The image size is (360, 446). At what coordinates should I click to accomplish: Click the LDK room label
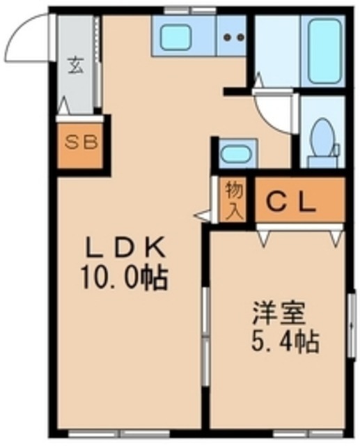tap(125, 247)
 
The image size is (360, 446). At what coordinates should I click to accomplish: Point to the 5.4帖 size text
tap(282, 341)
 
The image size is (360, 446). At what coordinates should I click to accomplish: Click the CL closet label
tap(293, 203)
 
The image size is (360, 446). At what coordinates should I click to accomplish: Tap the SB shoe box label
tap(82, 144)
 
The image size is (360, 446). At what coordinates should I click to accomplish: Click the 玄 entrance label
tap(74, 67)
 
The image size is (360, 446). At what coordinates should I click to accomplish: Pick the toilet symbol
tap(323, 139)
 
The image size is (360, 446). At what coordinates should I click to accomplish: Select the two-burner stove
tap(233, 38)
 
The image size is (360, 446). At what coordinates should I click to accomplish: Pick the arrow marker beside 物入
tap(203, 216)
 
